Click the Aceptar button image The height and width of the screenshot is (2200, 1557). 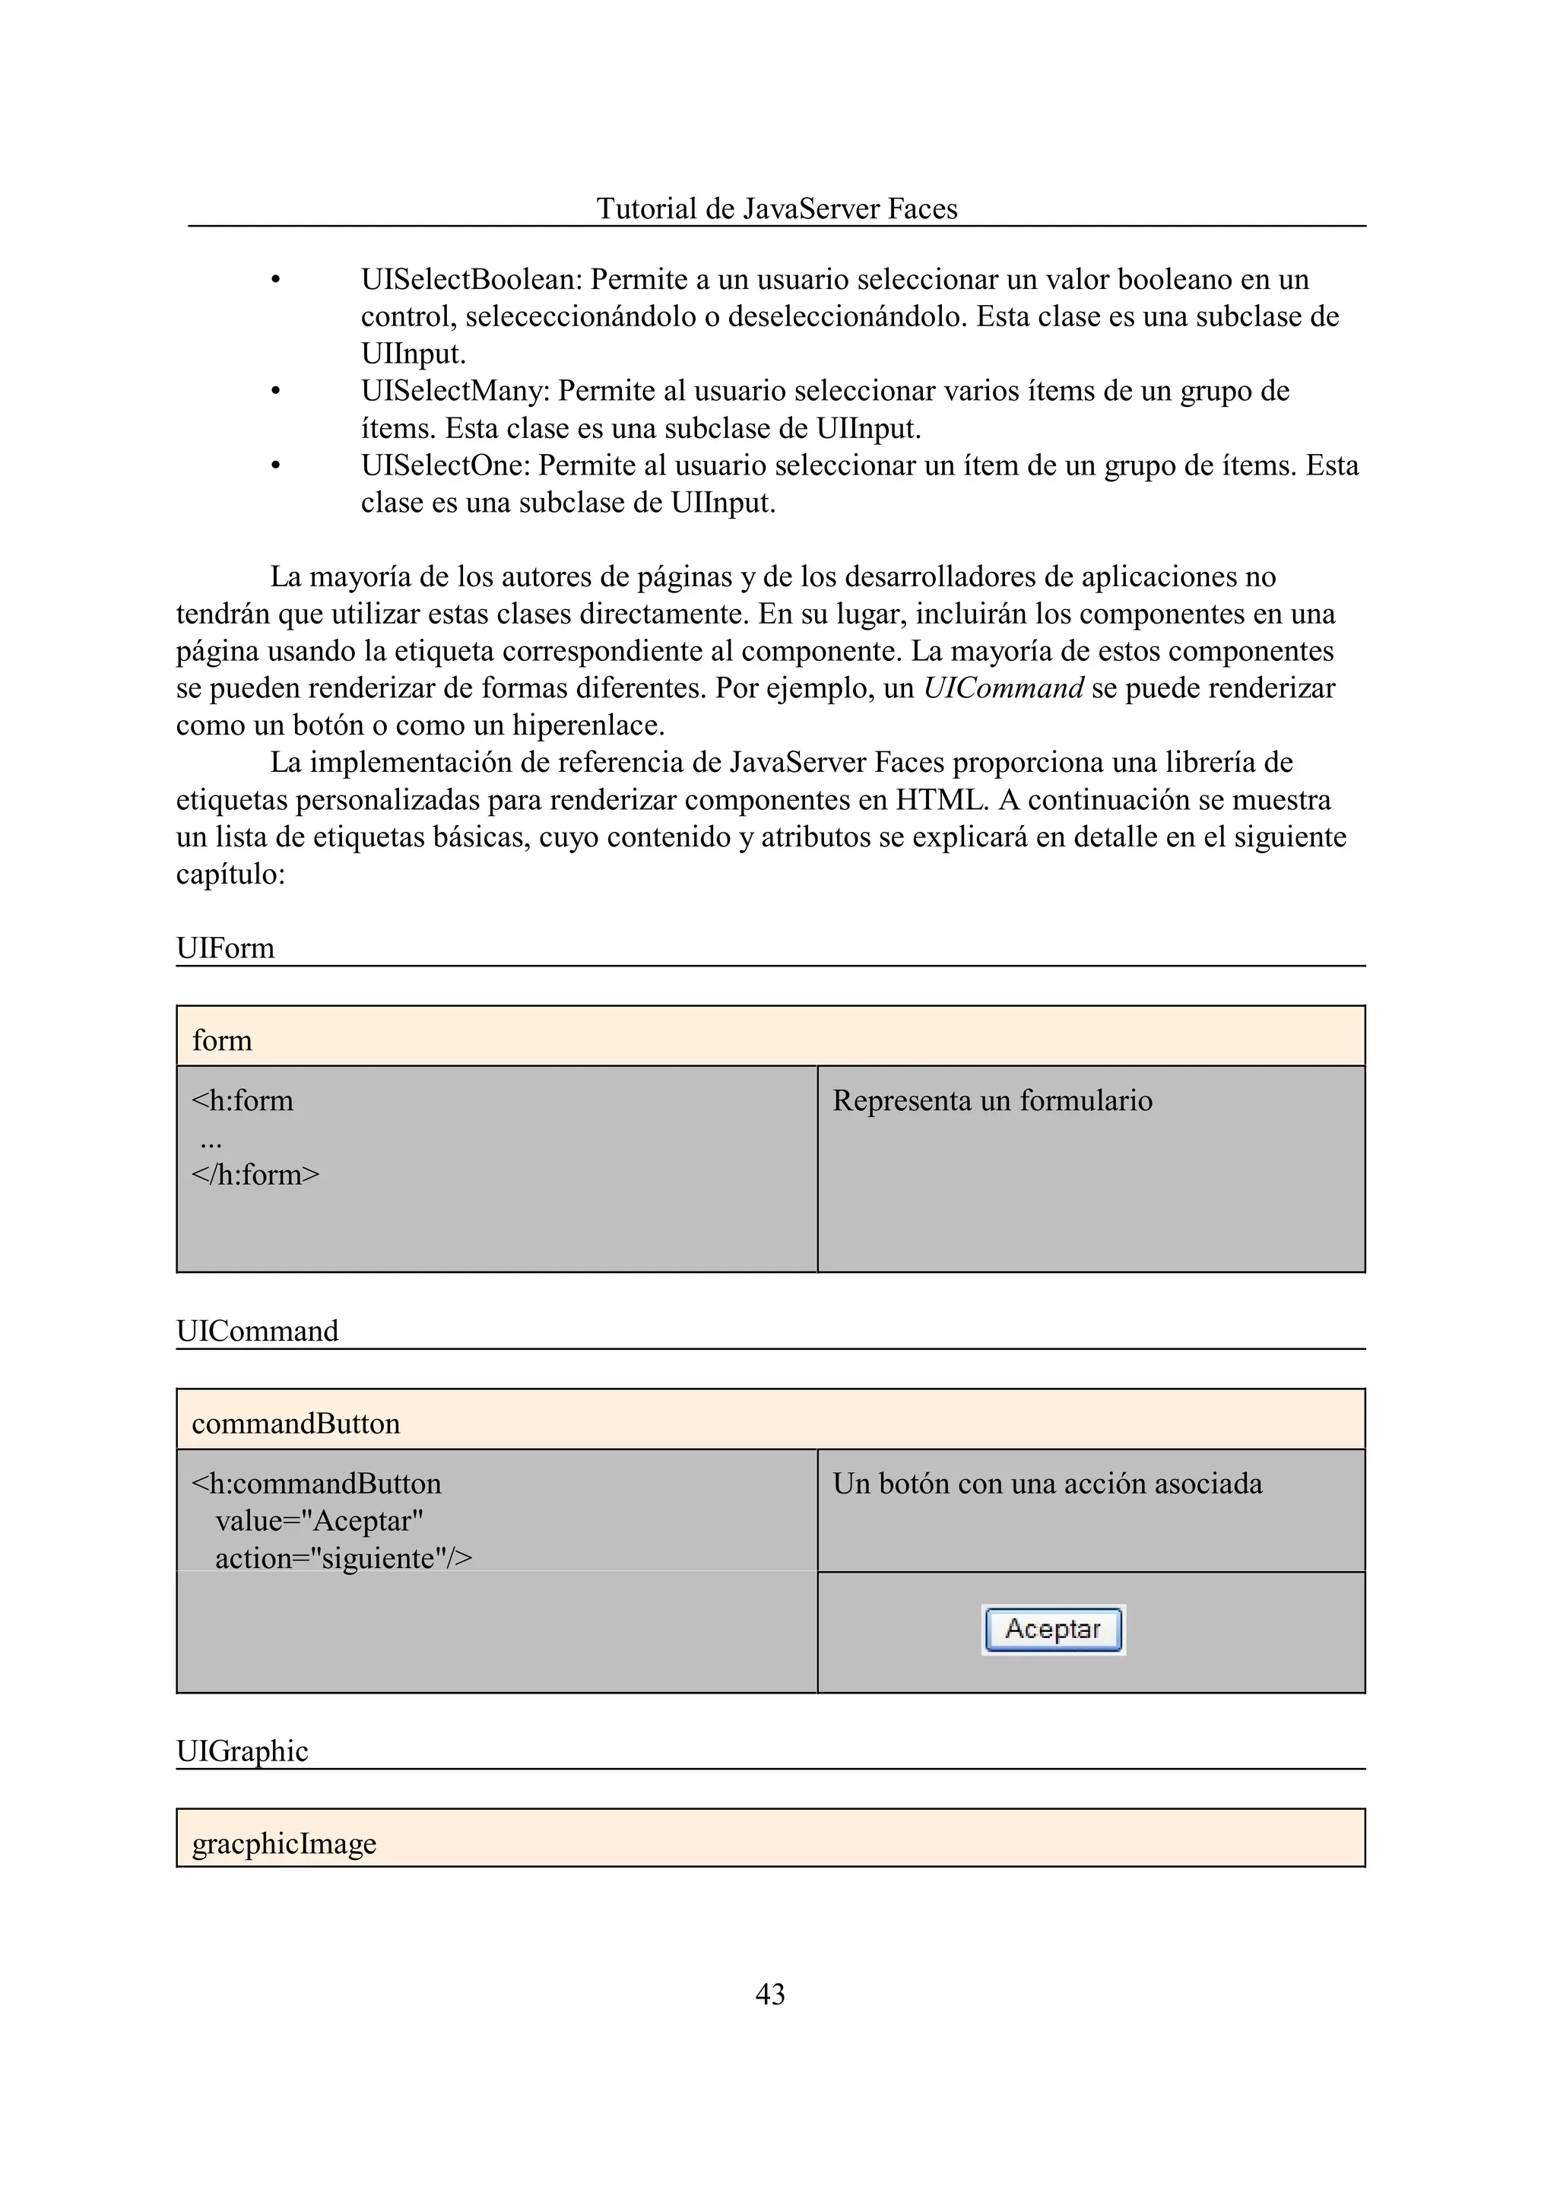click(x=1053, y=1630)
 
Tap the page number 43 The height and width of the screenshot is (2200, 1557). click(x=770, y=1994)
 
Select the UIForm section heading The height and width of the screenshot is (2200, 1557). click(x=225, y=948)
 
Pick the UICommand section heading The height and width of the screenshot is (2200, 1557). click(x=257, y=1330)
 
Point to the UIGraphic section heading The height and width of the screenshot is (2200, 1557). click(x=242, y=1751)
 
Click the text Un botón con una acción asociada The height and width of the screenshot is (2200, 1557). click(x=1047, y=1484)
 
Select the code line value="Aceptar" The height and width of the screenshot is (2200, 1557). click(x=319, y=1521)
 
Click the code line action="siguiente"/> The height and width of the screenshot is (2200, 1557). click(x=343, y=1558)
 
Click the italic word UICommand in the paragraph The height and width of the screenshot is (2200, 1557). click(x=1003, y=687)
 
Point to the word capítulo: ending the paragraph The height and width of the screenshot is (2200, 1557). click(x=230, y=874)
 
